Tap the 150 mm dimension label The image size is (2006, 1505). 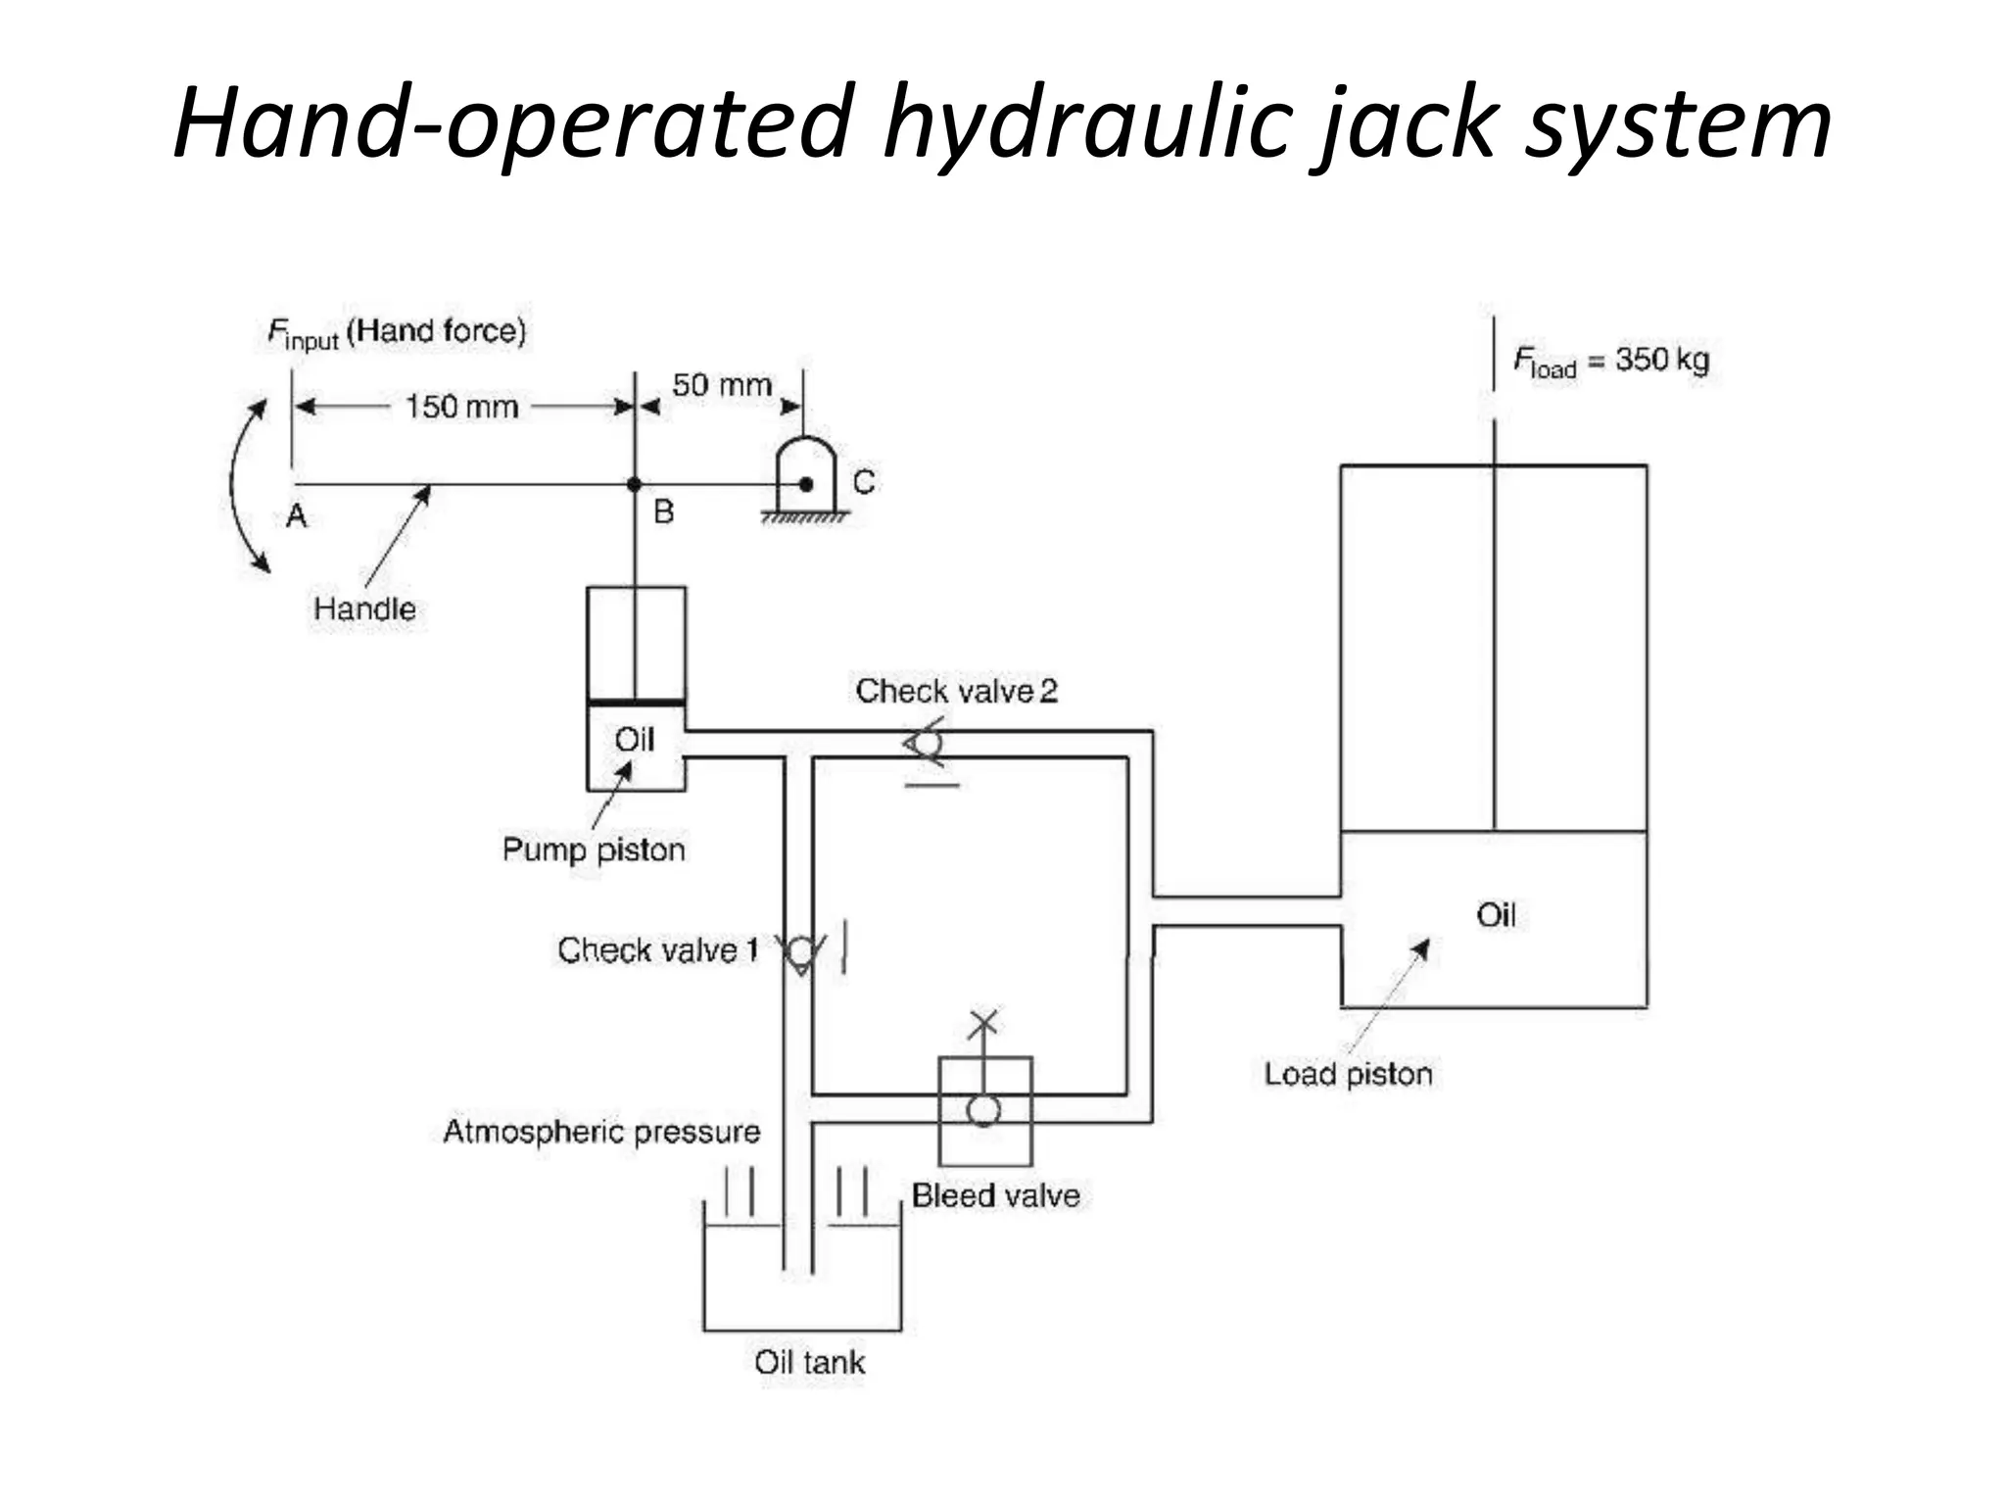click(x=461, y=407)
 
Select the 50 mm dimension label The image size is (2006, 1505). click(x=722, y=385)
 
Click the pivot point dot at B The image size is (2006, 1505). click(x=635, y=484)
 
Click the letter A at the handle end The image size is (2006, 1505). click(x=296, y=515)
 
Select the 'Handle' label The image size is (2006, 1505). click(x=364, y=608)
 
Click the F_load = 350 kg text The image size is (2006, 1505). click(x=1610, y=361)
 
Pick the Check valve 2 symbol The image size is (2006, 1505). click(x=926, y=744)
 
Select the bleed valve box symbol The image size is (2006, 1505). click(x=984, y=1110)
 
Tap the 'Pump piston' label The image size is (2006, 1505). click(x=594, y=849)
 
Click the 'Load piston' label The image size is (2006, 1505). click(x=1348, y=1074)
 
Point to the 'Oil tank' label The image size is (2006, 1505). click(x=809, y=1362)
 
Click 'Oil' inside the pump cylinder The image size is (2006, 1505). click(x=634, y=740)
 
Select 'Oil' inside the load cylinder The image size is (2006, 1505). click(x=1496, y=915)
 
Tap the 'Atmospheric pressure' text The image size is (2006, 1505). click(x=601, y=1132)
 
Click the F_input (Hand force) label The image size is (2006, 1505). click(x=397, y=333)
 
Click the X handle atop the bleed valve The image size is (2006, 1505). click(x=983, y=1023)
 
